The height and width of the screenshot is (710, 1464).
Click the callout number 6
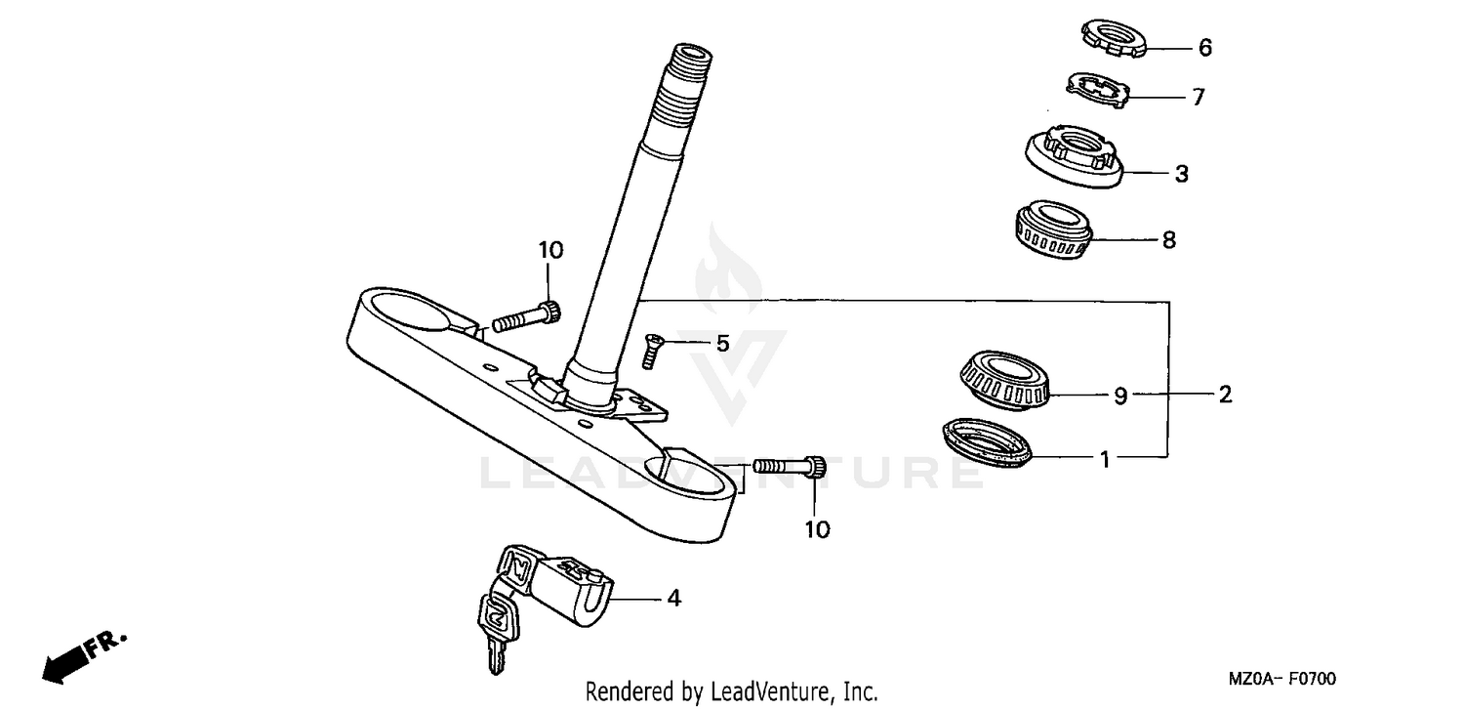click(1204, 47)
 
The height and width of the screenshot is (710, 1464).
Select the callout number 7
click(1198, 97)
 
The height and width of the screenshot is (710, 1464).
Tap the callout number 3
click(1181, 174)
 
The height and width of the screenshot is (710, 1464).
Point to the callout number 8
click(1168, 239)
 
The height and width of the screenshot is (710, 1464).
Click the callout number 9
click(1120, 396)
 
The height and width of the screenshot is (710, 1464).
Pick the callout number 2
click(1224, 395)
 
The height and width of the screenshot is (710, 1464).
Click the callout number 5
click(722, 343)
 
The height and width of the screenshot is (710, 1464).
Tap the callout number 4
click(672, 598)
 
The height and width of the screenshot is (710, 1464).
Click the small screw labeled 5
click(651, 350)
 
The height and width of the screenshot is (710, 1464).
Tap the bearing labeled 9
click(1001, 380)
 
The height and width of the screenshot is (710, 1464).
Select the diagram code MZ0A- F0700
click(1281, 679)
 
